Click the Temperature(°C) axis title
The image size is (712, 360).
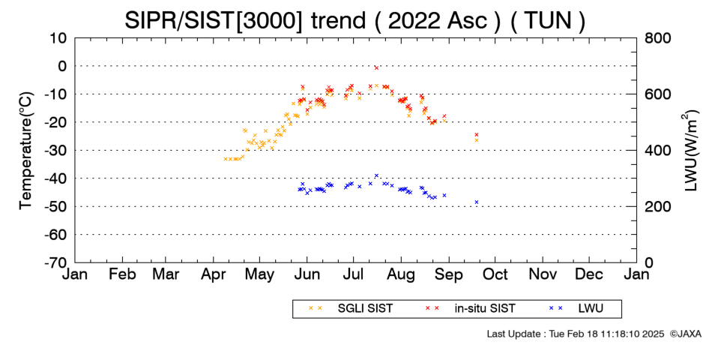coord(26,151)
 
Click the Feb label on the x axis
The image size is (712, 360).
coord(122,274)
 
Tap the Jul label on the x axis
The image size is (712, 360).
coord(353,274)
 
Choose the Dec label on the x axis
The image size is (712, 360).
coord(589,274)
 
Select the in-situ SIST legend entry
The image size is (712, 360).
coord(470,308)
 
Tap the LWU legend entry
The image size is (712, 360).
coord(576,308)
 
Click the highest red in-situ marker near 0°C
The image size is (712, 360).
coord(376,67)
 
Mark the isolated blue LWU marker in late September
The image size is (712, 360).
coord(477,202)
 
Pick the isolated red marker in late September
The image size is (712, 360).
coord(477,134)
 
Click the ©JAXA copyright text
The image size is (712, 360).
coord(685,334)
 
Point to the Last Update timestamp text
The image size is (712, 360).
coord(576,334)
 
